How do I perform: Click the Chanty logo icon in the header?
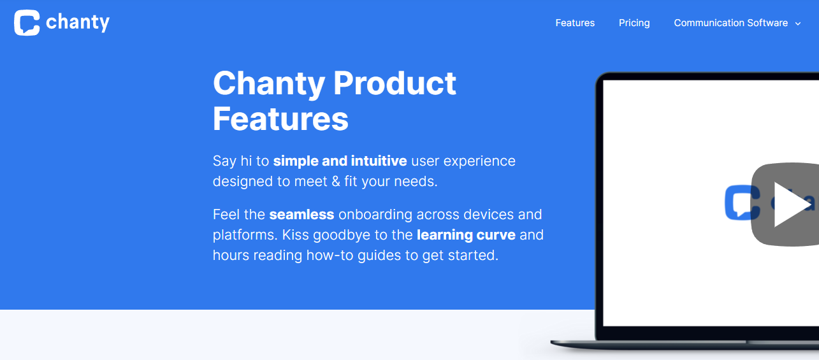(27, 23)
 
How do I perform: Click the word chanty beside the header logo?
(78, 23)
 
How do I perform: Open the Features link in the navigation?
(575, 23)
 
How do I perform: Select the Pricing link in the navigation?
(634, 23)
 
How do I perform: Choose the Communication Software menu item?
(731, 23)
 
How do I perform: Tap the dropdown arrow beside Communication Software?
(798, 24)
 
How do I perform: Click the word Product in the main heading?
(395, 83)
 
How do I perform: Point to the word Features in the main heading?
(280, 119)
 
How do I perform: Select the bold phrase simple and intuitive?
(340, 161)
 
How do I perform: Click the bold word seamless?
(301, 215)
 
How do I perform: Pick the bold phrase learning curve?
(466, 235)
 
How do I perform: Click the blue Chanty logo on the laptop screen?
(743, 203)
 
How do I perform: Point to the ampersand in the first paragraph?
(336, 182)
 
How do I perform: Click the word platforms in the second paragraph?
(245, 235)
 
